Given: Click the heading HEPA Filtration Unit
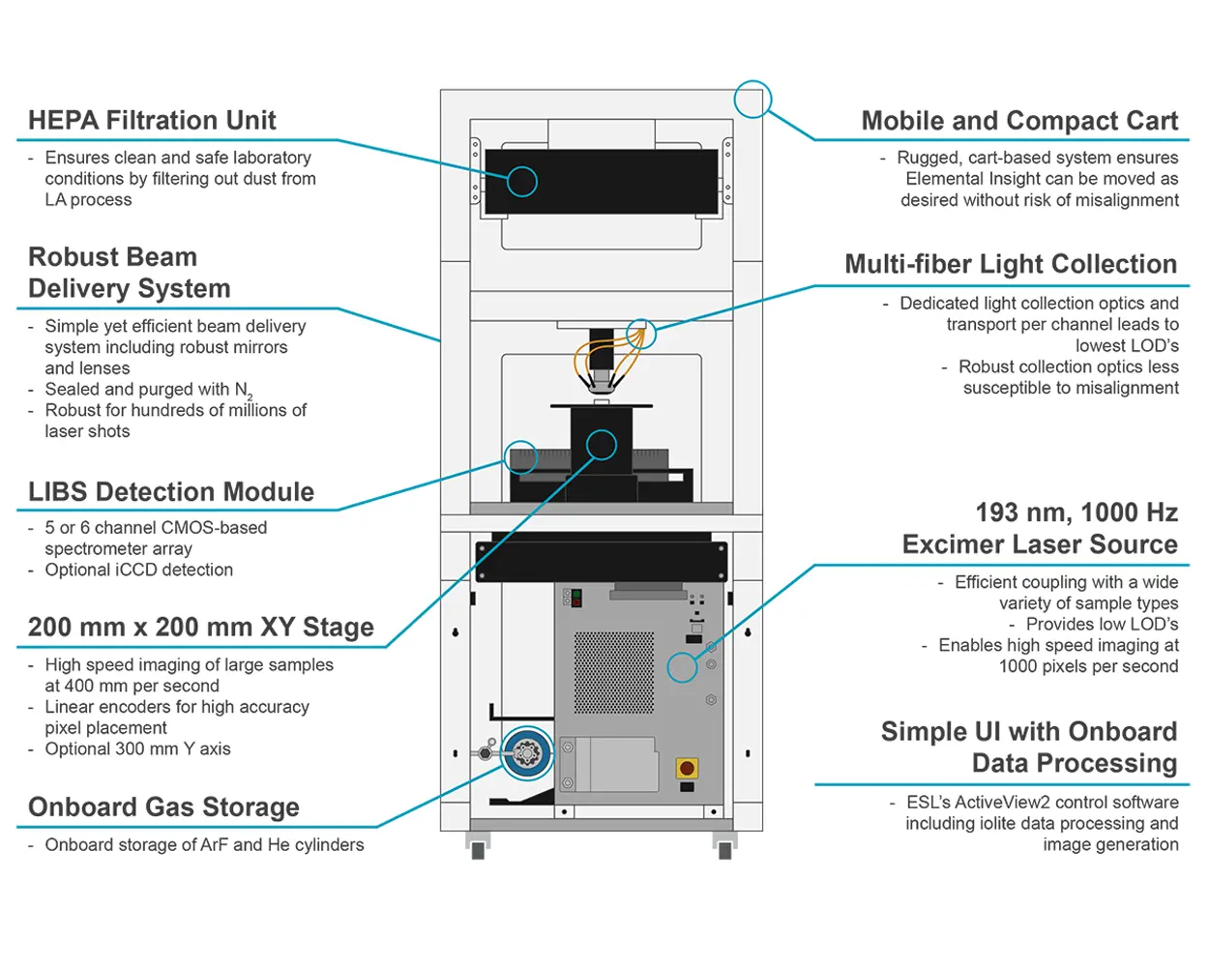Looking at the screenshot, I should click(152, 120).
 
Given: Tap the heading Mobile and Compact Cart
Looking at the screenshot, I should click(1019, 121).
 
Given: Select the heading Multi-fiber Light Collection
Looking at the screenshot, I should click(1011, 264).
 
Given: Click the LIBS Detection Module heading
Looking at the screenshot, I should click(171, 491).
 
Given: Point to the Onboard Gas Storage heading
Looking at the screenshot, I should click(163, 806).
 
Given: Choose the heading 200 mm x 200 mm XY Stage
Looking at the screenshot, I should click(200, 627).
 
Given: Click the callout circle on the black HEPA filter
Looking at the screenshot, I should click(521, 181).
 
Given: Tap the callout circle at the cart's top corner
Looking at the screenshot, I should click(752, 99).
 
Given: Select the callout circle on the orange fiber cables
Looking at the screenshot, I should click(640, 335).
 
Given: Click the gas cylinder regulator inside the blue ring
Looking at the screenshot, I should click(526, 752).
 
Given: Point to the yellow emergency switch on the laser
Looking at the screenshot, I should click(687, 769).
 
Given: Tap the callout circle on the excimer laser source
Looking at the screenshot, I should click(682, 667).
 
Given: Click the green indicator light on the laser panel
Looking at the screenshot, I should click(576, 594).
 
